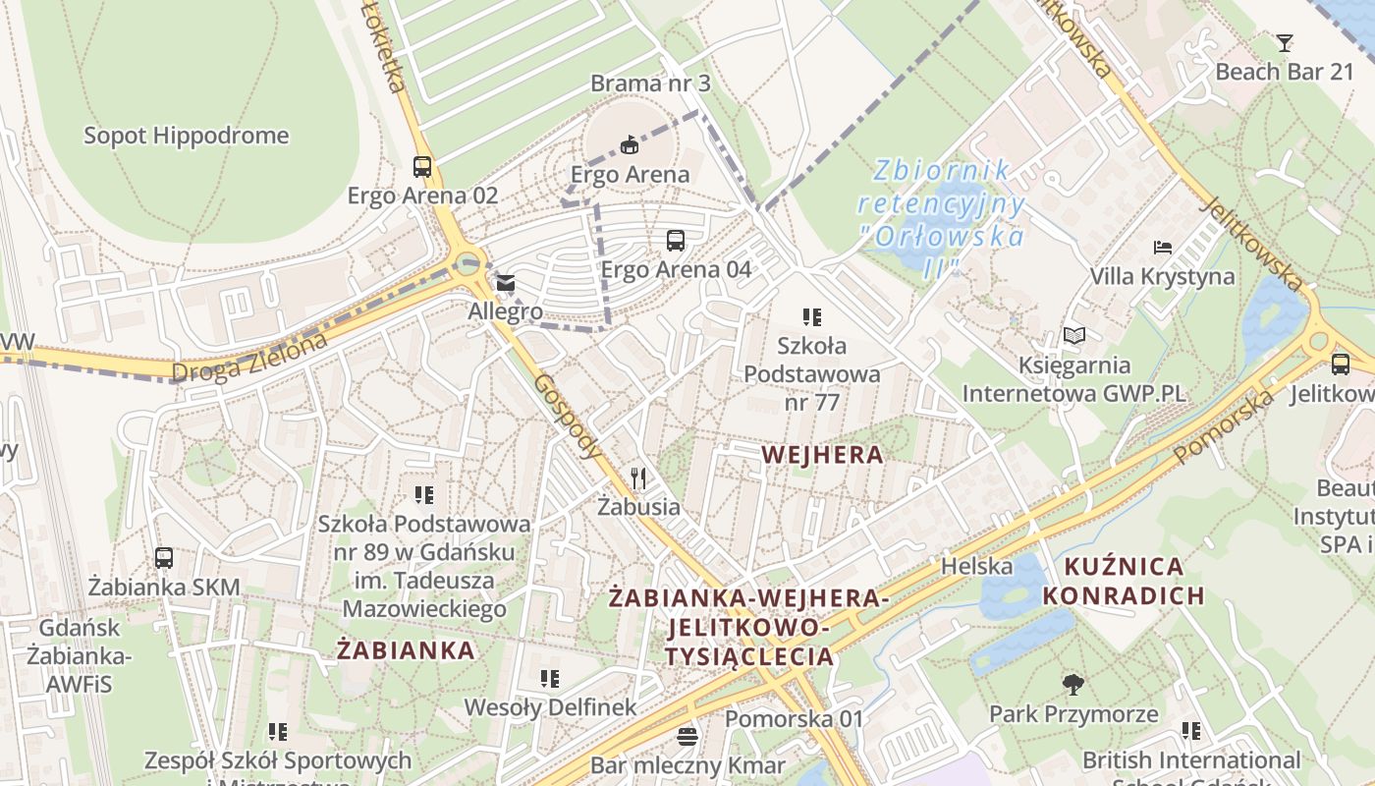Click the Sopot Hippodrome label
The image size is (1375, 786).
click(186, 136)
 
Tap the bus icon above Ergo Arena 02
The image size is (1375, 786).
click(422, 166)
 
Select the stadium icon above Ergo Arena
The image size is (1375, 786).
click(630, 145)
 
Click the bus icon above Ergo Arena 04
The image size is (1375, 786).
click(676, 240)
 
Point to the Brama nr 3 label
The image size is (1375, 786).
click(650, 84)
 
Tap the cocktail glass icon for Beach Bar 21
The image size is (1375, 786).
click(1285, 42)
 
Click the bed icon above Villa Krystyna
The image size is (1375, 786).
click(1163, 247)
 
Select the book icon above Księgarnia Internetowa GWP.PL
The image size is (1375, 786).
click(1074, 336)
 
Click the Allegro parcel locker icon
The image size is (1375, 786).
click(505, 283)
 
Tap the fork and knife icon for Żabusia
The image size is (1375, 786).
click(639, 478)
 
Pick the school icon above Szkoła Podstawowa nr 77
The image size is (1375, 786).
click(811, 316)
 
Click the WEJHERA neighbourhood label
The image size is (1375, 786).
click(822, 455)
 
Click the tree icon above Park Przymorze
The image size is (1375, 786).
click(1073, 684)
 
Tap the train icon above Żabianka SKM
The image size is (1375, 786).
click(164, 558)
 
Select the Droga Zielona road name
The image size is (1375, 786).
click(249, 358)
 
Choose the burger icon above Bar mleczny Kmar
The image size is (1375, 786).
click(687, 736)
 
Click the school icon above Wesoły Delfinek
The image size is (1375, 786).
click(550, 678)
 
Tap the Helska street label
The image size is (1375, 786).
click(976, 566)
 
